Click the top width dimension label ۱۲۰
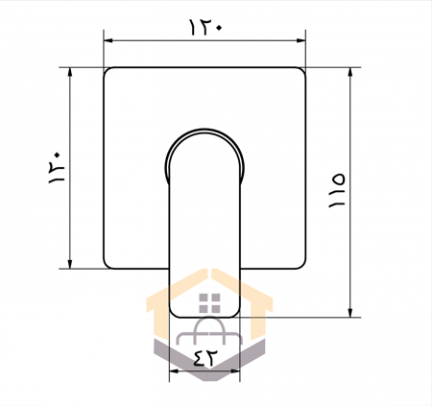[x=205, y=27]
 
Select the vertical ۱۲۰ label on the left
[x=57, y=168]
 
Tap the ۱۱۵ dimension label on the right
[x=337, y=191]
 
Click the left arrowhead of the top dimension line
[x=108, y=40]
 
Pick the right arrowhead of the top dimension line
[x=301, y=40]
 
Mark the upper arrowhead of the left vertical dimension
[x=70, y=72]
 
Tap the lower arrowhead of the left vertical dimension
[x=70, y=264]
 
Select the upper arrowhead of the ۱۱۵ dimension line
[x=350, y=72]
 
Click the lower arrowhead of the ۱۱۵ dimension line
[x=350, y=313]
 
